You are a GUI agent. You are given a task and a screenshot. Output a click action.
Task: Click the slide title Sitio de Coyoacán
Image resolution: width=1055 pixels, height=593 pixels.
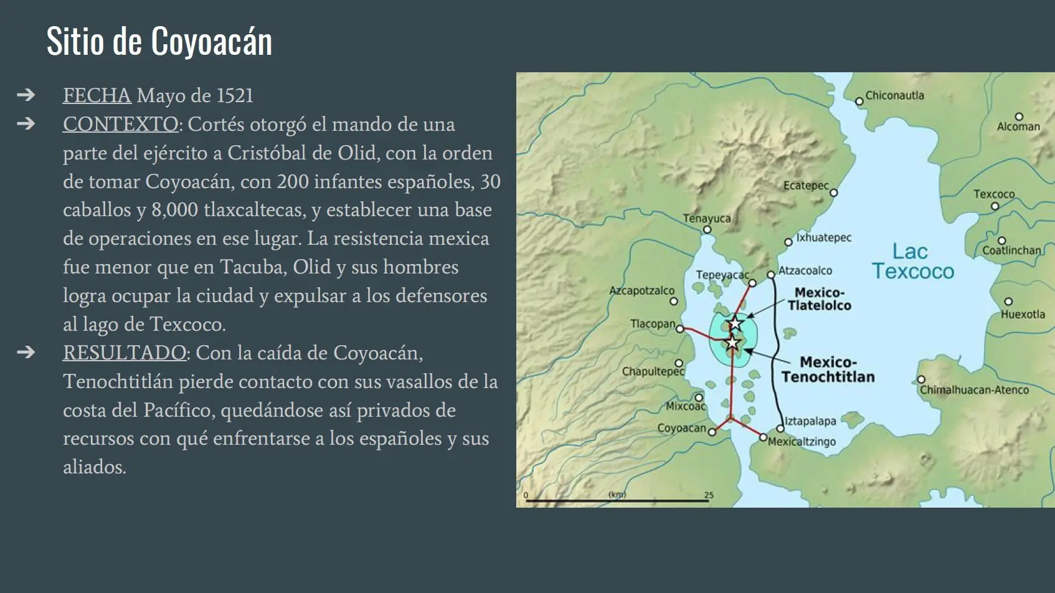(159, 42)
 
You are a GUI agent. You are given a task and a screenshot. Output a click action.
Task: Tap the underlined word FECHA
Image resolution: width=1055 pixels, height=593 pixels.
(97, 95)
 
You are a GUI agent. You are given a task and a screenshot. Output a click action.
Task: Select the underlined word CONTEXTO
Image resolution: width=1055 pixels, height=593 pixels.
(121, 124)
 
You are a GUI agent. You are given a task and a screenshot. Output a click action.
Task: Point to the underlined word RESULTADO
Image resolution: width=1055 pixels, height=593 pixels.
(125, 353)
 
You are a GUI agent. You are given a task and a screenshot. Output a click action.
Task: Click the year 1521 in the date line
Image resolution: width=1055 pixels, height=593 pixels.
(235, 95)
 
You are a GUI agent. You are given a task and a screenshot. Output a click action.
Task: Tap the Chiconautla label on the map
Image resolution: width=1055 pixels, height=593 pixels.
(894, 95)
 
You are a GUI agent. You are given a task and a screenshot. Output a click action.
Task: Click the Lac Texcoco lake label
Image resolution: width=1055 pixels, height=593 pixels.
(912, 262)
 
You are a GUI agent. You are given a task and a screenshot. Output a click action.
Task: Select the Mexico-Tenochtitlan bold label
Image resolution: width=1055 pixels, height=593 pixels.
(828, 369)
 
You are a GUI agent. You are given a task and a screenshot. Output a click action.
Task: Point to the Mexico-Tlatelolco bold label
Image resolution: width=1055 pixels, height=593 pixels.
(820, 299)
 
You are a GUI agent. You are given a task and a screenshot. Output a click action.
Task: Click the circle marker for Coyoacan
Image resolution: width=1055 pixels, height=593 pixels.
(712, 432)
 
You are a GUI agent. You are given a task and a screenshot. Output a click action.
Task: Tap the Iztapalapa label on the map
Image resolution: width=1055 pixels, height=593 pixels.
(810, 421)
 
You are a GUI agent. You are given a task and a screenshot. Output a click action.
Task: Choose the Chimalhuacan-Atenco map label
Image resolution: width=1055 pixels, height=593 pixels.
(974, 390)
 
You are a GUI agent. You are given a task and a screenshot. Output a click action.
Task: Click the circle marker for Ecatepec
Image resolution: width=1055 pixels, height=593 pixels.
(834, 192)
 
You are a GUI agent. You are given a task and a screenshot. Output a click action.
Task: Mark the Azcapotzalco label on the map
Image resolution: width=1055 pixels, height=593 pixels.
(641, 290)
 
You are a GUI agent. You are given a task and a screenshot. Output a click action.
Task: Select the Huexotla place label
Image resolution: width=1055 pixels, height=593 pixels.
(1023, 314)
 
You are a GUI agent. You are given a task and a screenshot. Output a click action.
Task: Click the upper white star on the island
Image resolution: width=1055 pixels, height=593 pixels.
(736, 324)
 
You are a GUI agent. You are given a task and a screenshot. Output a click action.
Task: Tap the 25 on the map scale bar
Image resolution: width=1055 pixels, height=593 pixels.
(709, 495)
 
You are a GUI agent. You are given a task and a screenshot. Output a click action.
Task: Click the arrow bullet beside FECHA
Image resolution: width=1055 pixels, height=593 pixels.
(26, 95)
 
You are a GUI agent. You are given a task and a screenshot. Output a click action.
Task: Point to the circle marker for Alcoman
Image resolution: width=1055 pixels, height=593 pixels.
(1019, 116)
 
